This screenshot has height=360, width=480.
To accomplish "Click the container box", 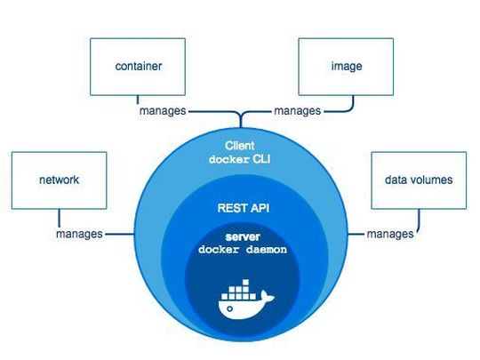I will click(139, 67).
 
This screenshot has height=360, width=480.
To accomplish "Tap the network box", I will click(59, 180).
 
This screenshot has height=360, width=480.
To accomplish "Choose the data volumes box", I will click(418, 180).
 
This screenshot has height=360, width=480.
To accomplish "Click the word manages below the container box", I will click(162, 112).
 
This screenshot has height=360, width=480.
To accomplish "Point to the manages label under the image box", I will click(298, 112).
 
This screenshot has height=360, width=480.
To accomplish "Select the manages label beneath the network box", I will click(78, 234).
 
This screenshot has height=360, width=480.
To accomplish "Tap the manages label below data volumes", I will click(390, 234).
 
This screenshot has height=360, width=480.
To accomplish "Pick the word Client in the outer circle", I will click(239, 144).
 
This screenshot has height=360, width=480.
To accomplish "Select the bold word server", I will click(241, 236).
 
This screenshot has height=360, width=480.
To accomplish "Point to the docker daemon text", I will click(241, 252).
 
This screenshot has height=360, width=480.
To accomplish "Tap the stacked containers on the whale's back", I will click(237, 290).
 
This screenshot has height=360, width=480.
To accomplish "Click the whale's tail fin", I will click(267, 298).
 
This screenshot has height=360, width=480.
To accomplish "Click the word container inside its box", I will click(139, 66).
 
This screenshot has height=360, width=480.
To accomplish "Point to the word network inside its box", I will click(59, 180).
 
